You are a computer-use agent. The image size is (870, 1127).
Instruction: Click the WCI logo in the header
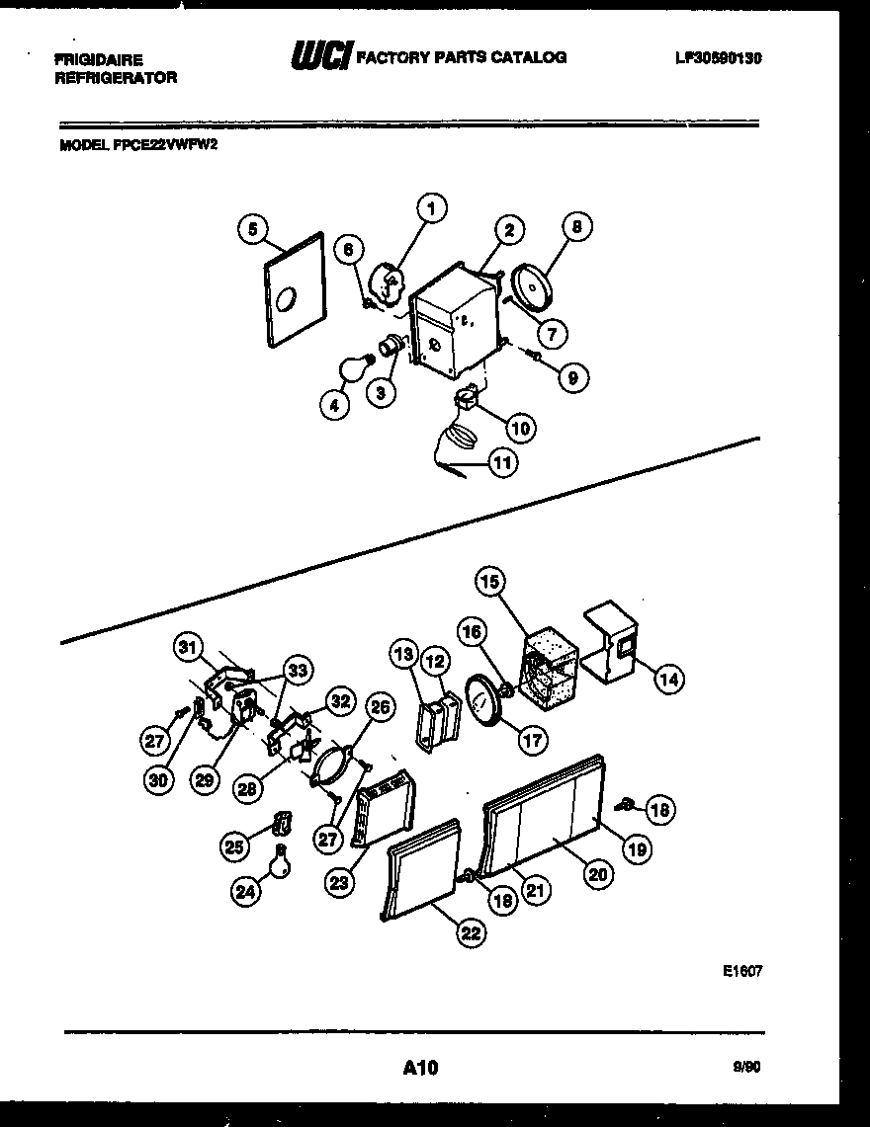coord(320,57)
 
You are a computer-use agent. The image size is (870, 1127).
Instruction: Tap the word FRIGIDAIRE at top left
coord(98,60)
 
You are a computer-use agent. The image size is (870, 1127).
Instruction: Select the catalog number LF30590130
coord(717,58)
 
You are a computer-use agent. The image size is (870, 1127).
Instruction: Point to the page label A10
coord(419,1067)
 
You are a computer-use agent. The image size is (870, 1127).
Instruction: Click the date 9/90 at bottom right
coord(747,1067)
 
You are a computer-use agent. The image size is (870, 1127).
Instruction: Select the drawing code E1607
coord(742,971)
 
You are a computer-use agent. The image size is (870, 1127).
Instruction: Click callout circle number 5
coord(253,229)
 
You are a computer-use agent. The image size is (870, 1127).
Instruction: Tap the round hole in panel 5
coord(288,295)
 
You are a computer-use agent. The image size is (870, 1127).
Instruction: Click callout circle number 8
coord(577,226)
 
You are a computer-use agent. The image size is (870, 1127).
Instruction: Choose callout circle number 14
coord(669,679)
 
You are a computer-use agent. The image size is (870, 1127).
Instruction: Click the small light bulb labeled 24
coord(282,861)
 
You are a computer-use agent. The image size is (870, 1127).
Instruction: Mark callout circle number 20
coord(598,873)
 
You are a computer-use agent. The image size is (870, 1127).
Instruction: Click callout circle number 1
coord(431,208)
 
